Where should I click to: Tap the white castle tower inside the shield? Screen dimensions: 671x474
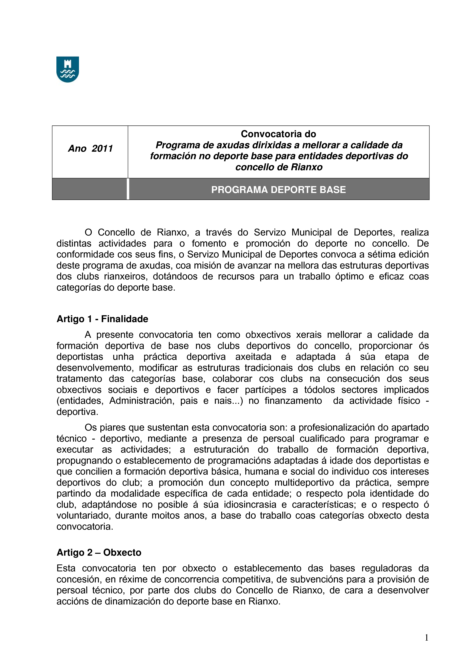coord(67,64)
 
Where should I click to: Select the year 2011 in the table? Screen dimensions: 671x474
coord(102,148)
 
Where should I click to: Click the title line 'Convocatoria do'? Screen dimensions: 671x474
coord(278,134)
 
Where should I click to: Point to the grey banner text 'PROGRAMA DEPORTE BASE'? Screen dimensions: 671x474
coord(278,190)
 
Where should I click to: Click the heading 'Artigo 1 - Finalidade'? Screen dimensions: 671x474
coord(102,319)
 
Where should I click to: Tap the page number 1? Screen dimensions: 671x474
coord(426,638)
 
